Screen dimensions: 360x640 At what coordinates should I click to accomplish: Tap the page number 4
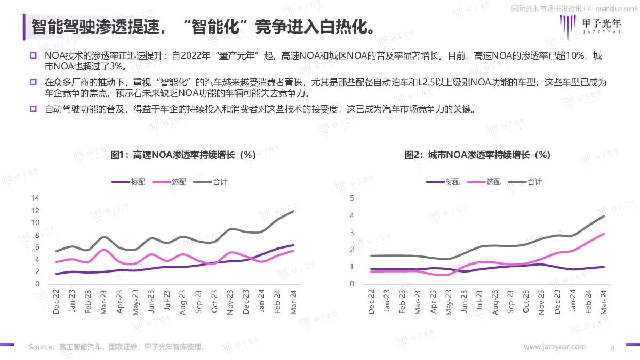[612, 348]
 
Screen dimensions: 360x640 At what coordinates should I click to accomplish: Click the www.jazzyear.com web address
[555, 347]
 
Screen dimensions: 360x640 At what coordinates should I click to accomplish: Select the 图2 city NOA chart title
[477, 155]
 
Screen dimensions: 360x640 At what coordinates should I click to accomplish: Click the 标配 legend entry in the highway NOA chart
[128, 181]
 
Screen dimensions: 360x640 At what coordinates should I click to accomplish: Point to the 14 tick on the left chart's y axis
[36, 198]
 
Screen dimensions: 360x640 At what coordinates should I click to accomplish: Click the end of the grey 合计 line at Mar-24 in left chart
[293, 211]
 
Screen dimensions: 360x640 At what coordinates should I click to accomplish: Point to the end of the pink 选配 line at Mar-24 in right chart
[604, 234]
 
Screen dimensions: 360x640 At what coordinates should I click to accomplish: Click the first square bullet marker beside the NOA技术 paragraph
[33, 56]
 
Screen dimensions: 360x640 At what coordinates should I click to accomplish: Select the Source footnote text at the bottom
[117, 347]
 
